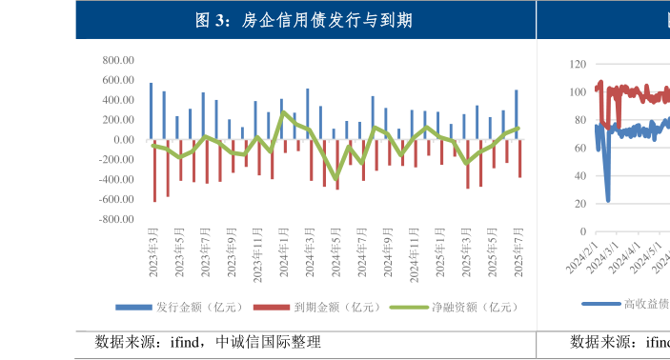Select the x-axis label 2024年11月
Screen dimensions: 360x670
click(x=414, y=250)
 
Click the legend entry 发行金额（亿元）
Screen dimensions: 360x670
click(x=181, y=307)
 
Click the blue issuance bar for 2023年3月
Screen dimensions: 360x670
click(x=151, y=110)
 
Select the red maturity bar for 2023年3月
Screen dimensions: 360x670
click(x=154, y=170)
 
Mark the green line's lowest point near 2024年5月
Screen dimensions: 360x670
click(x=335, y=178)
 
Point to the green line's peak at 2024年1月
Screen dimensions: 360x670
click(x=283, y=111)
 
